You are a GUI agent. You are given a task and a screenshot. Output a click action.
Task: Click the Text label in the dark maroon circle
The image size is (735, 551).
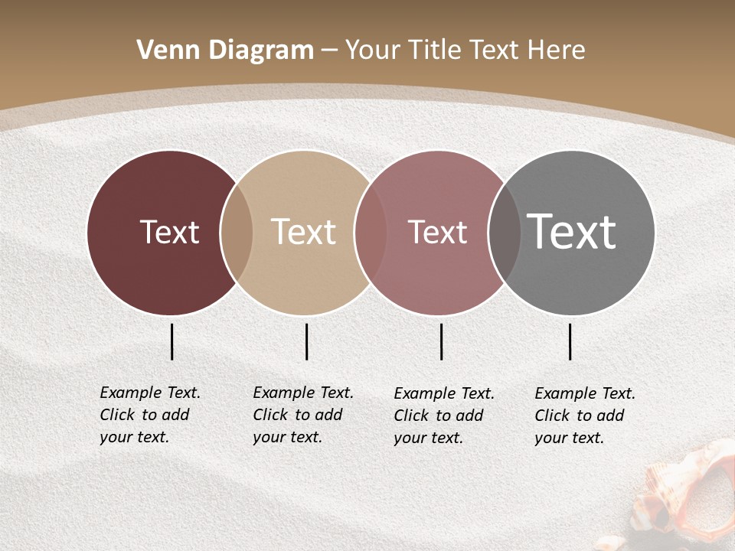[169, 232]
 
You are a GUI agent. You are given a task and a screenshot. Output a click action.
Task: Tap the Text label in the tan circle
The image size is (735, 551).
[303, 232]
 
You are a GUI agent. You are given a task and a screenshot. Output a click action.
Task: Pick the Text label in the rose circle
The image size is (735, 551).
[437, 232]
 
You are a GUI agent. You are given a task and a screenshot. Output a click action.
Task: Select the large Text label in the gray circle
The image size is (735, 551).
[572, 232]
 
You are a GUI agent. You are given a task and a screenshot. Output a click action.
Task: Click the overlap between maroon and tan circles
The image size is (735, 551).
[237, 233]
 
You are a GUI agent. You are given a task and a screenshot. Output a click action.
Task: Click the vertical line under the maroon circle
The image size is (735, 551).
[171, 341]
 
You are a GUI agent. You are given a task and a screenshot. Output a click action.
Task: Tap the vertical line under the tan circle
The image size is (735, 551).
[306, 341]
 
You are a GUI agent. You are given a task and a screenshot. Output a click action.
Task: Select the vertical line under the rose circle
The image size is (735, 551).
[441, 341]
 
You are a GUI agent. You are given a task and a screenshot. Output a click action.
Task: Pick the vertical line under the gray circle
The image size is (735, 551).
[570, 341]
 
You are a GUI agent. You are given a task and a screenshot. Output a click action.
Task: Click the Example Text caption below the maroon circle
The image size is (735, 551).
[149, 415]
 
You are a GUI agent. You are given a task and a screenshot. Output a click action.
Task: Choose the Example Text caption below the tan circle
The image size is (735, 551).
[302, 415]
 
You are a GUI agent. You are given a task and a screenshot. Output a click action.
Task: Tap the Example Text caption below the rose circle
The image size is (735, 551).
[443, 416]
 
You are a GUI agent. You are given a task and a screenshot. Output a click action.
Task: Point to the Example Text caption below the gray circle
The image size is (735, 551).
[584, 416]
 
